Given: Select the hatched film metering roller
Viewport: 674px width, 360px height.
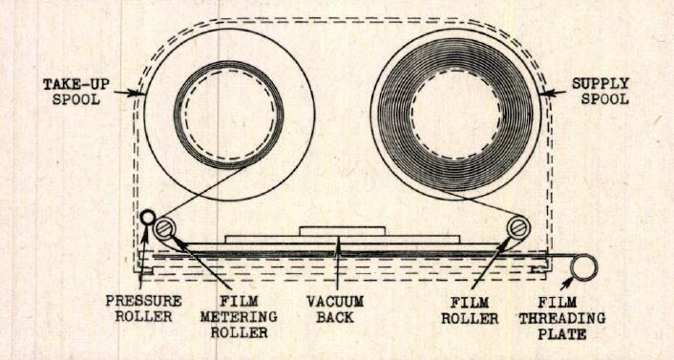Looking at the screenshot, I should pyautogui.click(x=168, y=227).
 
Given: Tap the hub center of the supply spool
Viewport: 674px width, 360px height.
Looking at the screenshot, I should pyautogui.click(x=453, y=116).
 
